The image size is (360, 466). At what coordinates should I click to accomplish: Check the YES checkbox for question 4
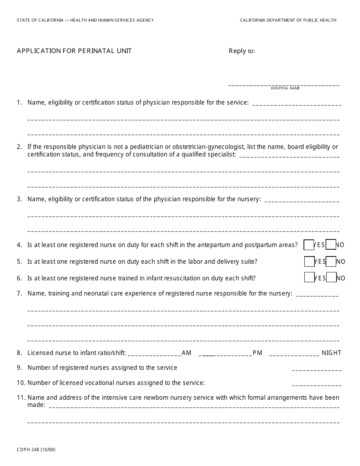pos(309,245)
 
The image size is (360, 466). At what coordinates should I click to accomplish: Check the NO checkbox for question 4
pos(331,245)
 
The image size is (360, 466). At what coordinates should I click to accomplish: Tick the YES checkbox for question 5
pos(309,261)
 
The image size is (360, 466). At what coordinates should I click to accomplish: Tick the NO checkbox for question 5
pos(331,261)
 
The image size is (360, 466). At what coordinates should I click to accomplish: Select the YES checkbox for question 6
pos(309,278)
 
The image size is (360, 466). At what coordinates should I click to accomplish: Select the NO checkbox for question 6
pos(332,278)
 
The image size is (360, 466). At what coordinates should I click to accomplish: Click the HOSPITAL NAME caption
pos(285,88)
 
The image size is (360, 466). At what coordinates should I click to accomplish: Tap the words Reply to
pos(242,51)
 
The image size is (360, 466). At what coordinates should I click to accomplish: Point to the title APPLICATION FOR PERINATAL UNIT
pos(74,51)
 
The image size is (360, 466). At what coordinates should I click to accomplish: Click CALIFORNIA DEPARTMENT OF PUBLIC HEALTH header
pos(288,20)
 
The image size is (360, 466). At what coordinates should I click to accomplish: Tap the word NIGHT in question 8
pos(332,353)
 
